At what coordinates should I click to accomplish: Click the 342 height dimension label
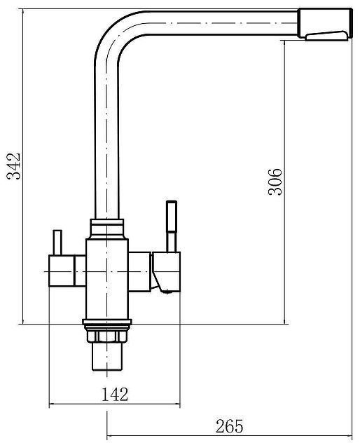[13, 166]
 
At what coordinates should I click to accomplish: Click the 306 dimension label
[275, 182]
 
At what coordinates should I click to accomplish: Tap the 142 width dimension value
[115, 395]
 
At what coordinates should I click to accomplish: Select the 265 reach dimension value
[229, 426]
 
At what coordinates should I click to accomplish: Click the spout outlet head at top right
[325, 23]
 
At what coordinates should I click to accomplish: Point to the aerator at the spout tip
[326, 36]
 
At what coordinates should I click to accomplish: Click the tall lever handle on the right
[172, 226]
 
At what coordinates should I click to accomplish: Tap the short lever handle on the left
[57, 243]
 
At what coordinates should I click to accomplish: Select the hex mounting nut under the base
[106, 336]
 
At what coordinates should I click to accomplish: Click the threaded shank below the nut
[107, 356]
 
